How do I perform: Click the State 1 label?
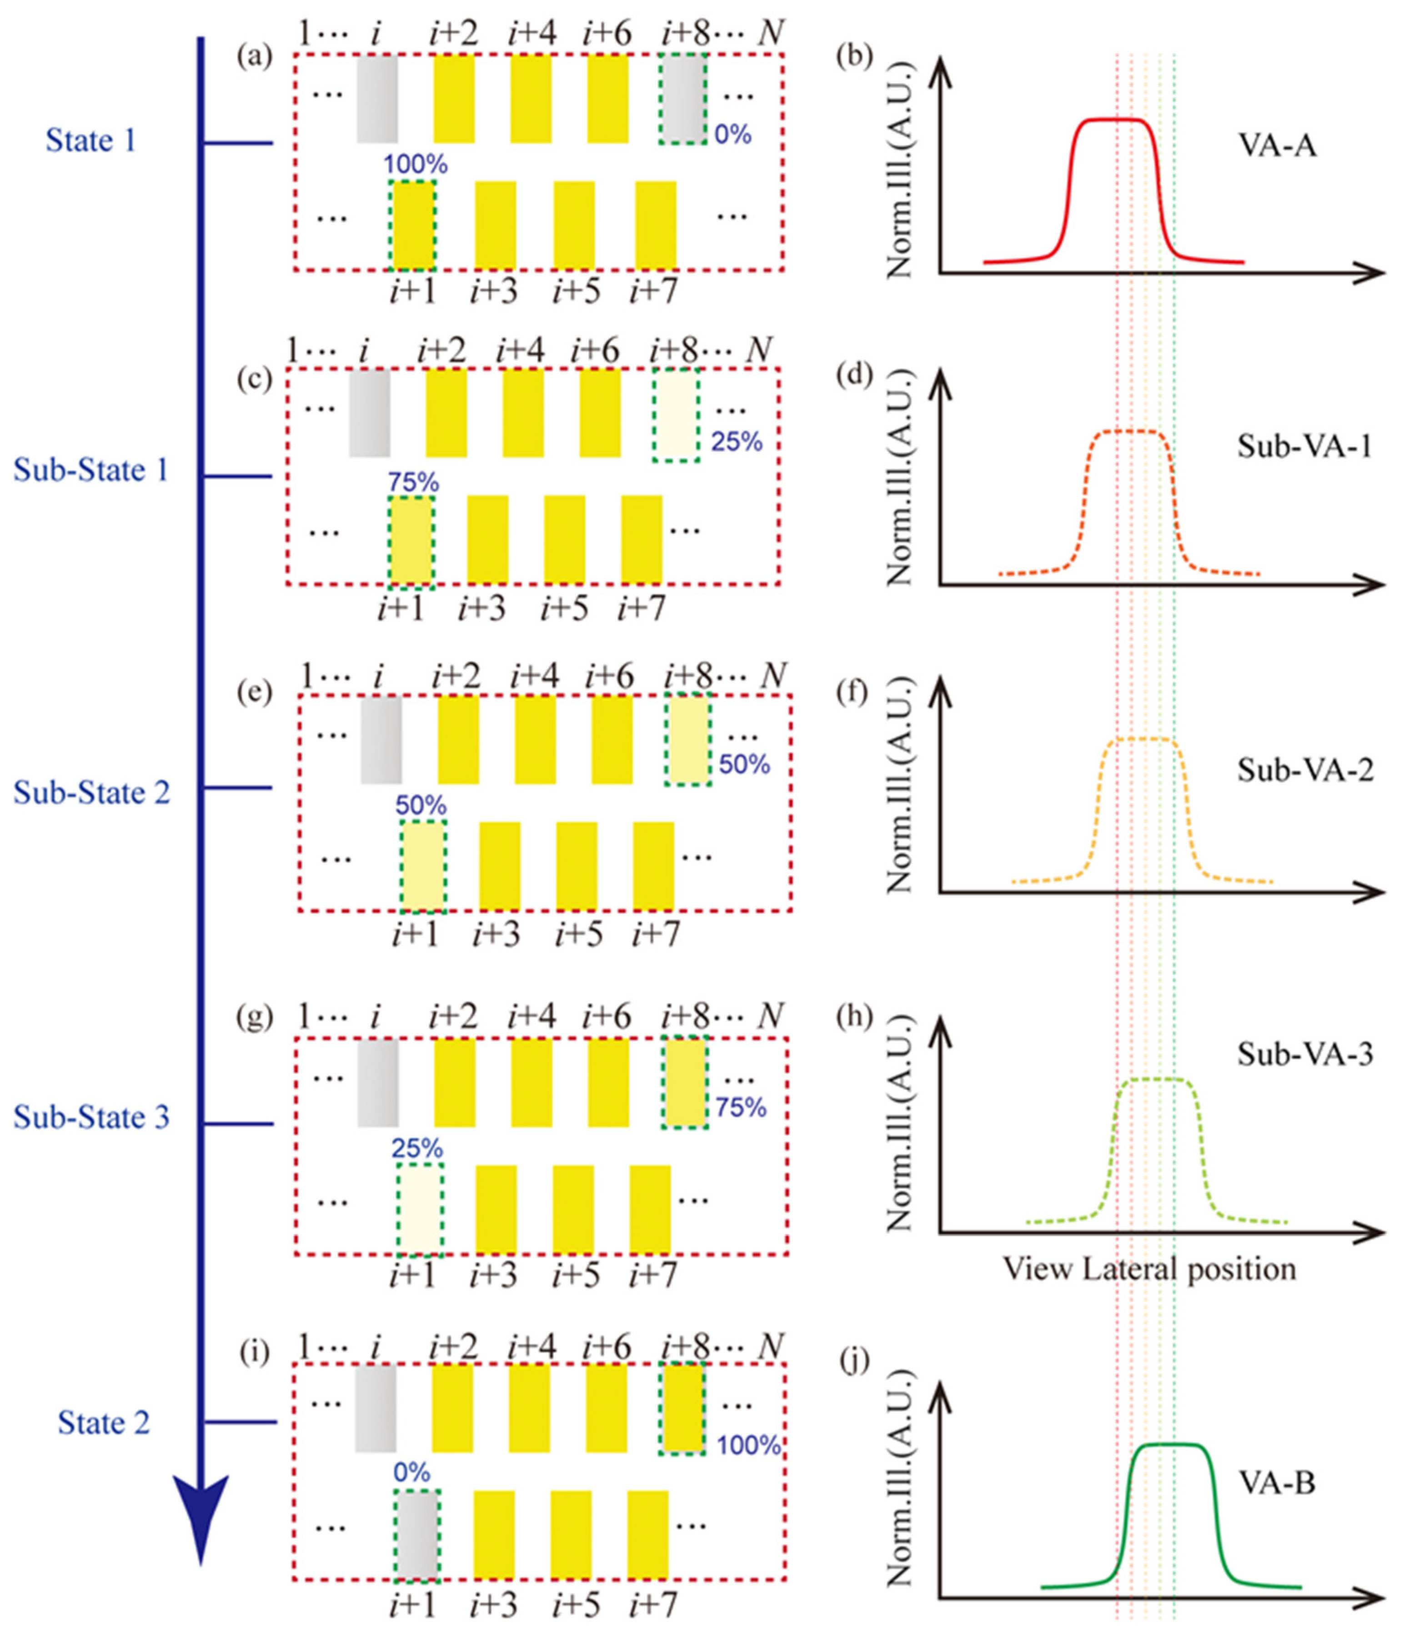90,141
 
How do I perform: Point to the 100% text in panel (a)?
415,165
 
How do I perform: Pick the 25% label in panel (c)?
737,442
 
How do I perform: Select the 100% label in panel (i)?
748,1445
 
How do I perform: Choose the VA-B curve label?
1276,1484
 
